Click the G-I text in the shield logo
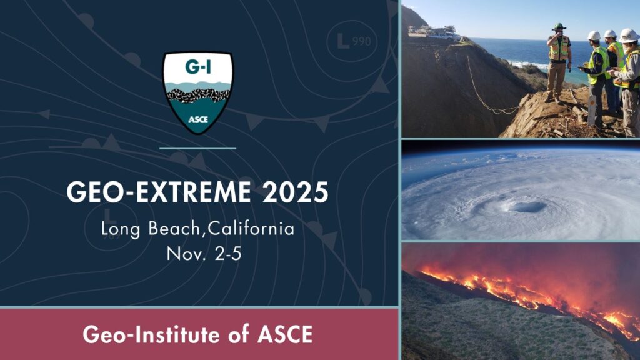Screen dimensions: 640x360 [198, 66]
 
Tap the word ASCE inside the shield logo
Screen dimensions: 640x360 [198, 119]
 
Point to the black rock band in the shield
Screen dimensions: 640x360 [198, 96]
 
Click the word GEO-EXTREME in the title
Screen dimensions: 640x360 [159, 192]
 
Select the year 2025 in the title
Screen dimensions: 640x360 [295, 192]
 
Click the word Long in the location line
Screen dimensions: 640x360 [121, 229]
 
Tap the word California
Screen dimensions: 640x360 [251, 228]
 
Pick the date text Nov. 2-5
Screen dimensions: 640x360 [204, 254]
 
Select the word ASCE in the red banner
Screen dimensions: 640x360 [285, 335]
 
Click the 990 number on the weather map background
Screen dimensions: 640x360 [362, 41]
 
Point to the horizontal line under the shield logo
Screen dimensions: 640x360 [198, 148]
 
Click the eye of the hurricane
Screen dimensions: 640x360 [527, 207]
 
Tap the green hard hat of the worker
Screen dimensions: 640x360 [559, 26]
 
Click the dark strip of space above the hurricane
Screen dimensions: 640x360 [521, 145]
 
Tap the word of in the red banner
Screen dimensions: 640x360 [239, 334]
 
